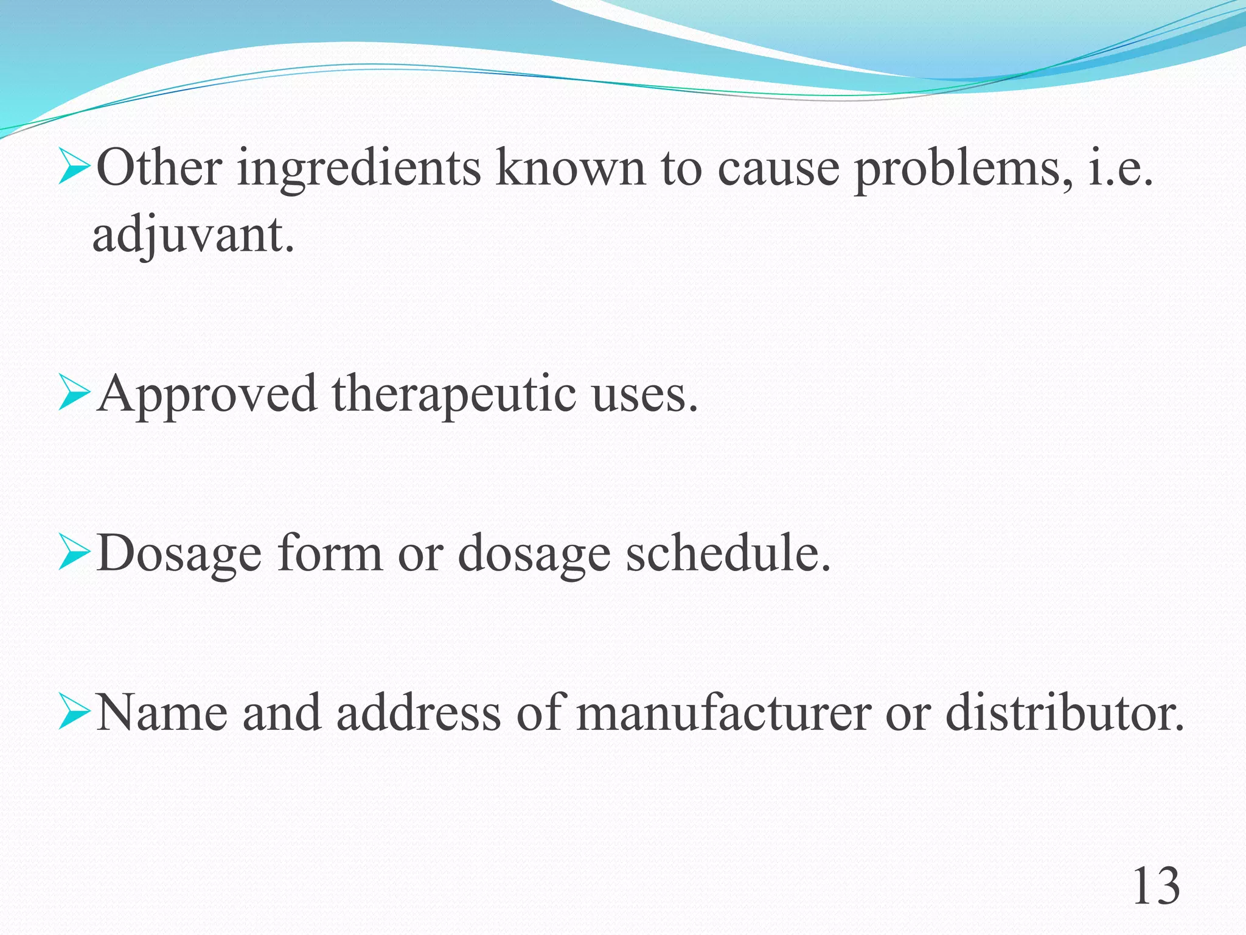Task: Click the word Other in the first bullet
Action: [x=159, y=167]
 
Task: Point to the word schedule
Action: [x=728, y=554]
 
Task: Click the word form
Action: [x=330, y=554]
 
